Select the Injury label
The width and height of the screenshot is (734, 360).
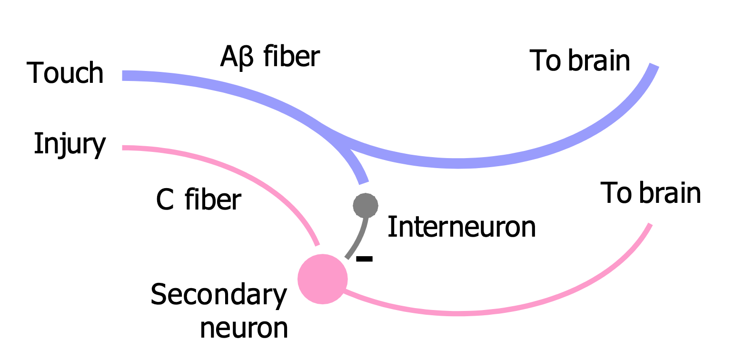pyautogui.click(x=69, y=144)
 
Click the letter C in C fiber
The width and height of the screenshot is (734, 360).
pyautogui.click(x=165, y=200)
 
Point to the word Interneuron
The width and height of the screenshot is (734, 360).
pyautogui.click(x=461, y=227)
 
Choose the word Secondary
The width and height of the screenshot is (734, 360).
pyautogui.click(x=219, y=295)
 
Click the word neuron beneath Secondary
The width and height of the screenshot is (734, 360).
pyautogui.click(x=244, y=328)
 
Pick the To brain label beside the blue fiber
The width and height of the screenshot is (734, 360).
pyautogui.click(x=579, y=61)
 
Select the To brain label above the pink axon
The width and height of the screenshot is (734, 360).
pyautogui.click(x=650, y=193)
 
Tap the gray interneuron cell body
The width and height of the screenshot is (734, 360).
pyautogui.click(x=366, y=206)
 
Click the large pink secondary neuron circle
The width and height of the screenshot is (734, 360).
pyautogui.click(x=322, y=279)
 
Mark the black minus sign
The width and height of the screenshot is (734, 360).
pyautogui.click(x=364, y=259)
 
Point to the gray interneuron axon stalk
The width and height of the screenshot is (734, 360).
pyautogui.click(x=359, y=238)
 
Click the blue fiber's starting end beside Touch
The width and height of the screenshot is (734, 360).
pyautogui.click(x=125, y=76)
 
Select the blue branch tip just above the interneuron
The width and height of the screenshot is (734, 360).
pyautogui.click(x=363, y=181)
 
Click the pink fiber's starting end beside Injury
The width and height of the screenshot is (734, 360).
pyautogui.click(x=125, y=148)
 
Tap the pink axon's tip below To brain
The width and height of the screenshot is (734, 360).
pyautogui.click(x=649, y=225)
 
